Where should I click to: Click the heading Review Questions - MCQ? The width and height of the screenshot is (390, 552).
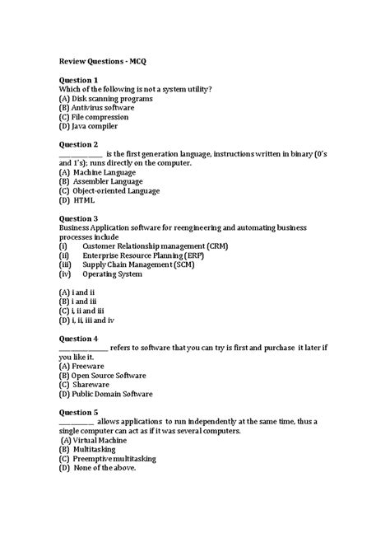coord(102,61)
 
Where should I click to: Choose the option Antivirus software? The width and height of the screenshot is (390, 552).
coord(96,108)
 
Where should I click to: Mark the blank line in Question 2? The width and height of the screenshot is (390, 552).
coord(81,154)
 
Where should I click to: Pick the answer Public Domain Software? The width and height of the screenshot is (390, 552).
coord(105,394)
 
